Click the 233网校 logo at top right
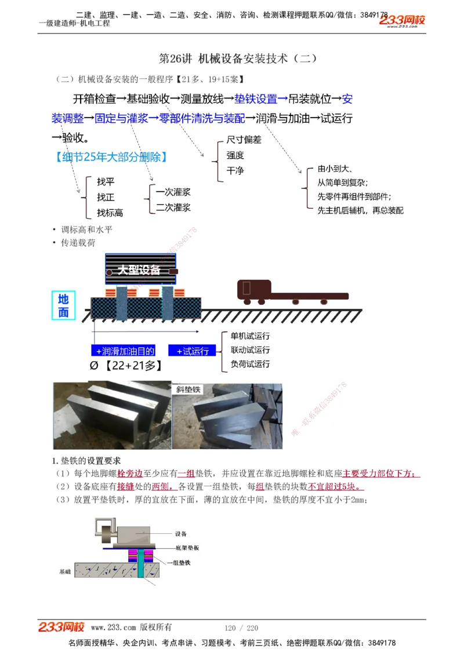tap(403, 21)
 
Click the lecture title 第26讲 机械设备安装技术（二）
tap(238, 59)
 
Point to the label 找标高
tap(110, 213)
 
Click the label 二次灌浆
tap(173, 207)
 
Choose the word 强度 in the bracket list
tap(235, 155)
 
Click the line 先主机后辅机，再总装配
tap(360, 210)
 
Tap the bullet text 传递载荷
tap(78, 243)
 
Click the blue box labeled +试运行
tap(192, 351)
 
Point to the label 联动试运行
tap(250, 350)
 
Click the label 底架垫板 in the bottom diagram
tap(187, 548)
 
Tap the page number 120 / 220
tap(241, 628)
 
